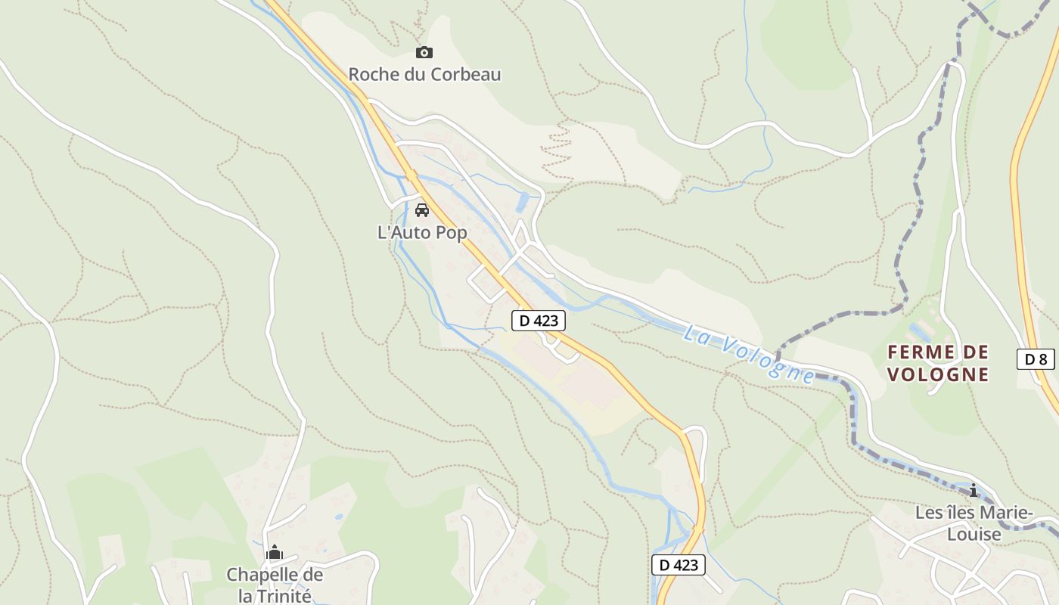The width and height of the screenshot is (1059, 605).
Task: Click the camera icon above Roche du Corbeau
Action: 424,52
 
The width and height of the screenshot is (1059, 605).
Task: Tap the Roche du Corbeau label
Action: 424,75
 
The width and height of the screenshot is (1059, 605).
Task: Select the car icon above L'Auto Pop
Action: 422,209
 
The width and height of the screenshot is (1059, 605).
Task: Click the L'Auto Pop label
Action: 422,233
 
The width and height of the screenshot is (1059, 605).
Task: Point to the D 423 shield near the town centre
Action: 539,321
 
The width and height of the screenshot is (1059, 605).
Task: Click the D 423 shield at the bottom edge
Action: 678,565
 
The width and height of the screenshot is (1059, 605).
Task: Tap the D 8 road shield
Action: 1036,359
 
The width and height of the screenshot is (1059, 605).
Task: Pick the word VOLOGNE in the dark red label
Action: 938,374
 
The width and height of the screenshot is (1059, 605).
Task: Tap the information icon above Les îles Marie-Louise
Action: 974,490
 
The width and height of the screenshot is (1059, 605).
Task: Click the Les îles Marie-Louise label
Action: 973,523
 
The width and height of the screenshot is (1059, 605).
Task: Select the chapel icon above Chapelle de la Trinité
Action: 275,553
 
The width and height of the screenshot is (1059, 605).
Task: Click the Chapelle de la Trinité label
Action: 275,585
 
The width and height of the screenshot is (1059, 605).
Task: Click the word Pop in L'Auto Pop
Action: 452,233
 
